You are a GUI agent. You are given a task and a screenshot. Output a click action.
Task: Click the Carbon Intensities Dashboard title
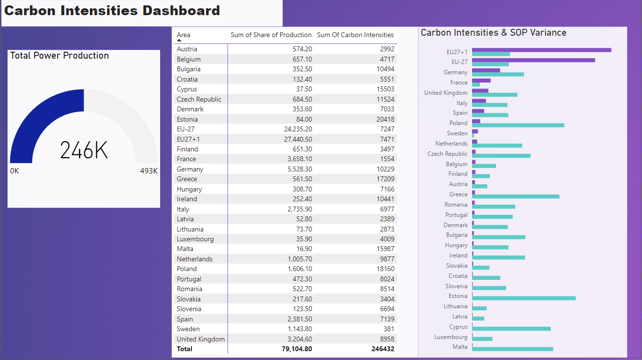[x=112, y=11]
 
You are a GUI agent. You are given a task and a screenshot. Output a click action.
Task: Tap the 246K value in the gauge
[x=83, y=150]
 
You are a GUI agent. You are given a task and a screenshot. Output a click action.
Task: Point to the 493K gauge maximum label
[x=149, y=171]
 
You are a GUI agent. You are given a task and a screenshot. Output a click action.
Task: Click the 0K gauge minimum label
[x=15, y=171]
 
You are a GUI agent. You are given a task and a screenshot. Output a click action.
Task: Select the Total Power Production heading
[x=60, y=56]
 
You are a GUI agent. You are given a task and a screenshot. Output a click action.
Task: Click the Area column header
[x=184, y=35]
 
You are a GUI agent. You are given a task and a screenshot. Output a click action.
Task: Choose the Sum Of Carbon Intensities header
[x=355, y=35]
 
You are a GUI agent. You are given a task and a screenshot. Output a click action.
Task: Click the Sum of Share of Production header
[x=271, y=35]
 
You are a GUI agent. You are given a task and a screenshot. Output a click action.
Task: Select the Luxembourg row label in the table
[x=195, y=239]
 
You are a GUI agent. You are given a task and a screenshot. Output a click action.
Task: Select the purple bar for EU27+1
[x=541, y=50]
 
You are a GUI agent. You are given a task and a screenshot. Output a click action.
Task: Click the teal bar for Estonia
[x=523, y=298]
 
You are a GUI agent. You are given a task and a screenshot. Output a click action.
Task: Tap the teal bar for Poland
[x=518, y=125]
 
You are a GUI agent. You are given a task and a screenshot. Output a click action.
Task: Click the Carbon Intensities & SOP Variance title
[x=493, y=33]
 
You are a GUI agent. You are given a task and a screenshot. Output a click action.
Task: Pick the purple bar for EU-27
[x=533, y=60]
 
